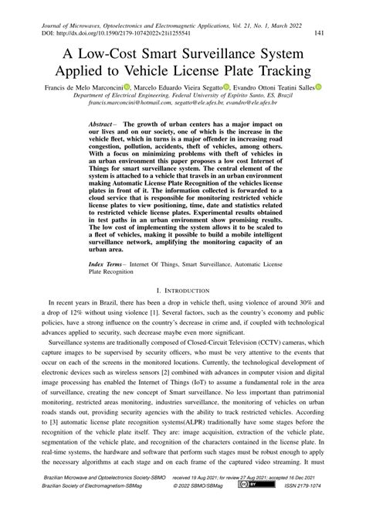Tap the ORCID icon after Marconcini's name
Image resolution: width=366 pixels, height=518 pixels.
(127, 87)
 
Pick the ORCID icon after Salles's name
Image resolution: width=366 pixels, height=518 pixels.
(317, 87)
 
